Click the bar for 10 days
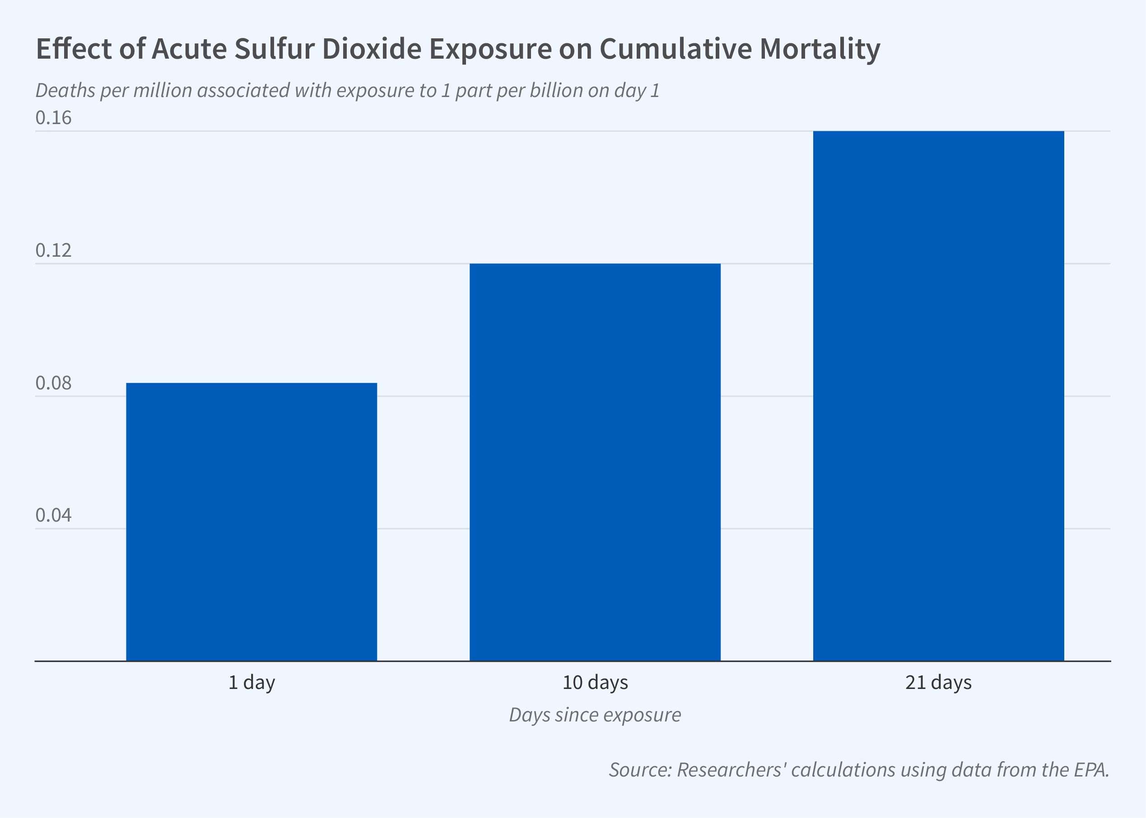[x=595, y=462]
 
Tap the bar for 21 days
[x=938, y=395]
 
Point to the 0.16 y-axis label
[x=53, y=118]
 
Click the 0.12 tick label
[x=53, y=250]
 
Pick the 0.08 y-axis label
[x=53, y=383]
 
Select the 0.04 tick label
[x=53, y=515]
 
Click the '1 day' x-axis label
[x=252, y=683]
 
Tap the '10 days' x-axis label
[x=595, y=683]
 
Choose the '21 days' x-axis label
[x=938, y=683]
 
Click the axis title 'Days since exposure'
[x=595, y=715]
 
